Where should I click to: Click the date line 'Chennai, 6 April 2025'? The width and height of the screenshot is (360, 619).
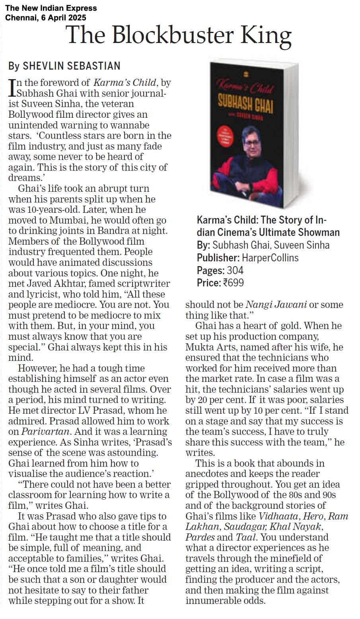coord(45,18)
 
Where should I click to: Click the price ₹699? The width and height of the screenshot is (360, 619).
coord(233,283)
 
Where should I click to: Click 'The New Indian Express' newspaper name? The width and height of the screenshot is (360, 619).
coord(51,8)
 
